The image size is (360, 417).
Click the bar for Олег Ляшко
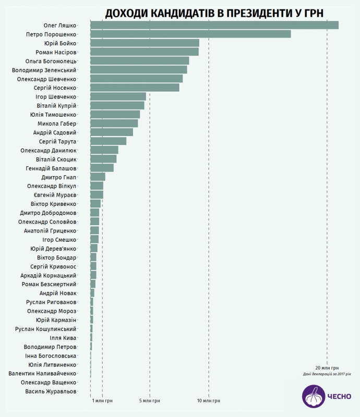tap(214, 25)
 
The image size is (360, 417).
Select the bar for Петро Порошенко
tap(190, 34)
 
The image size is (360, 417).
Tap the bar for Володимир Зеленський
tap(138, 70)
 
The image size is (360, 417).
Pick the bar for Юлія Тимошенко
tap(115, 114)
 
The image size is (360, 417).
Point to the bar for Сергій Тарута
tap(108, 141)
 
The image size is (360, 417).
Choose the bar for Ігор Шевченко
tap(118, 96)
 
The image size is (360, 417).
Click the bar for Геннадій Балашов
tap(102, 168)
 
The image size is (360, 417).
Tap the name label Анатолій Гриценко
tap(50, 230)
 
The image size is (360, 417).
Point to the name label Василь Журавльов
tap(51, 391)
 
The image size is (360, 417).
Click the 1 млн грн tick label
tap(102, 401)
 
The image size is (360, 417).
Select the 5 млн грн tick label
tap(150, 401)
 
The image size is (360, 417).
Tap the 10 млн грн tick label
tap(209, 401)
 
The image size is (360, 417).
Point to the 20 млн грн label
tap(327, 367)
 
